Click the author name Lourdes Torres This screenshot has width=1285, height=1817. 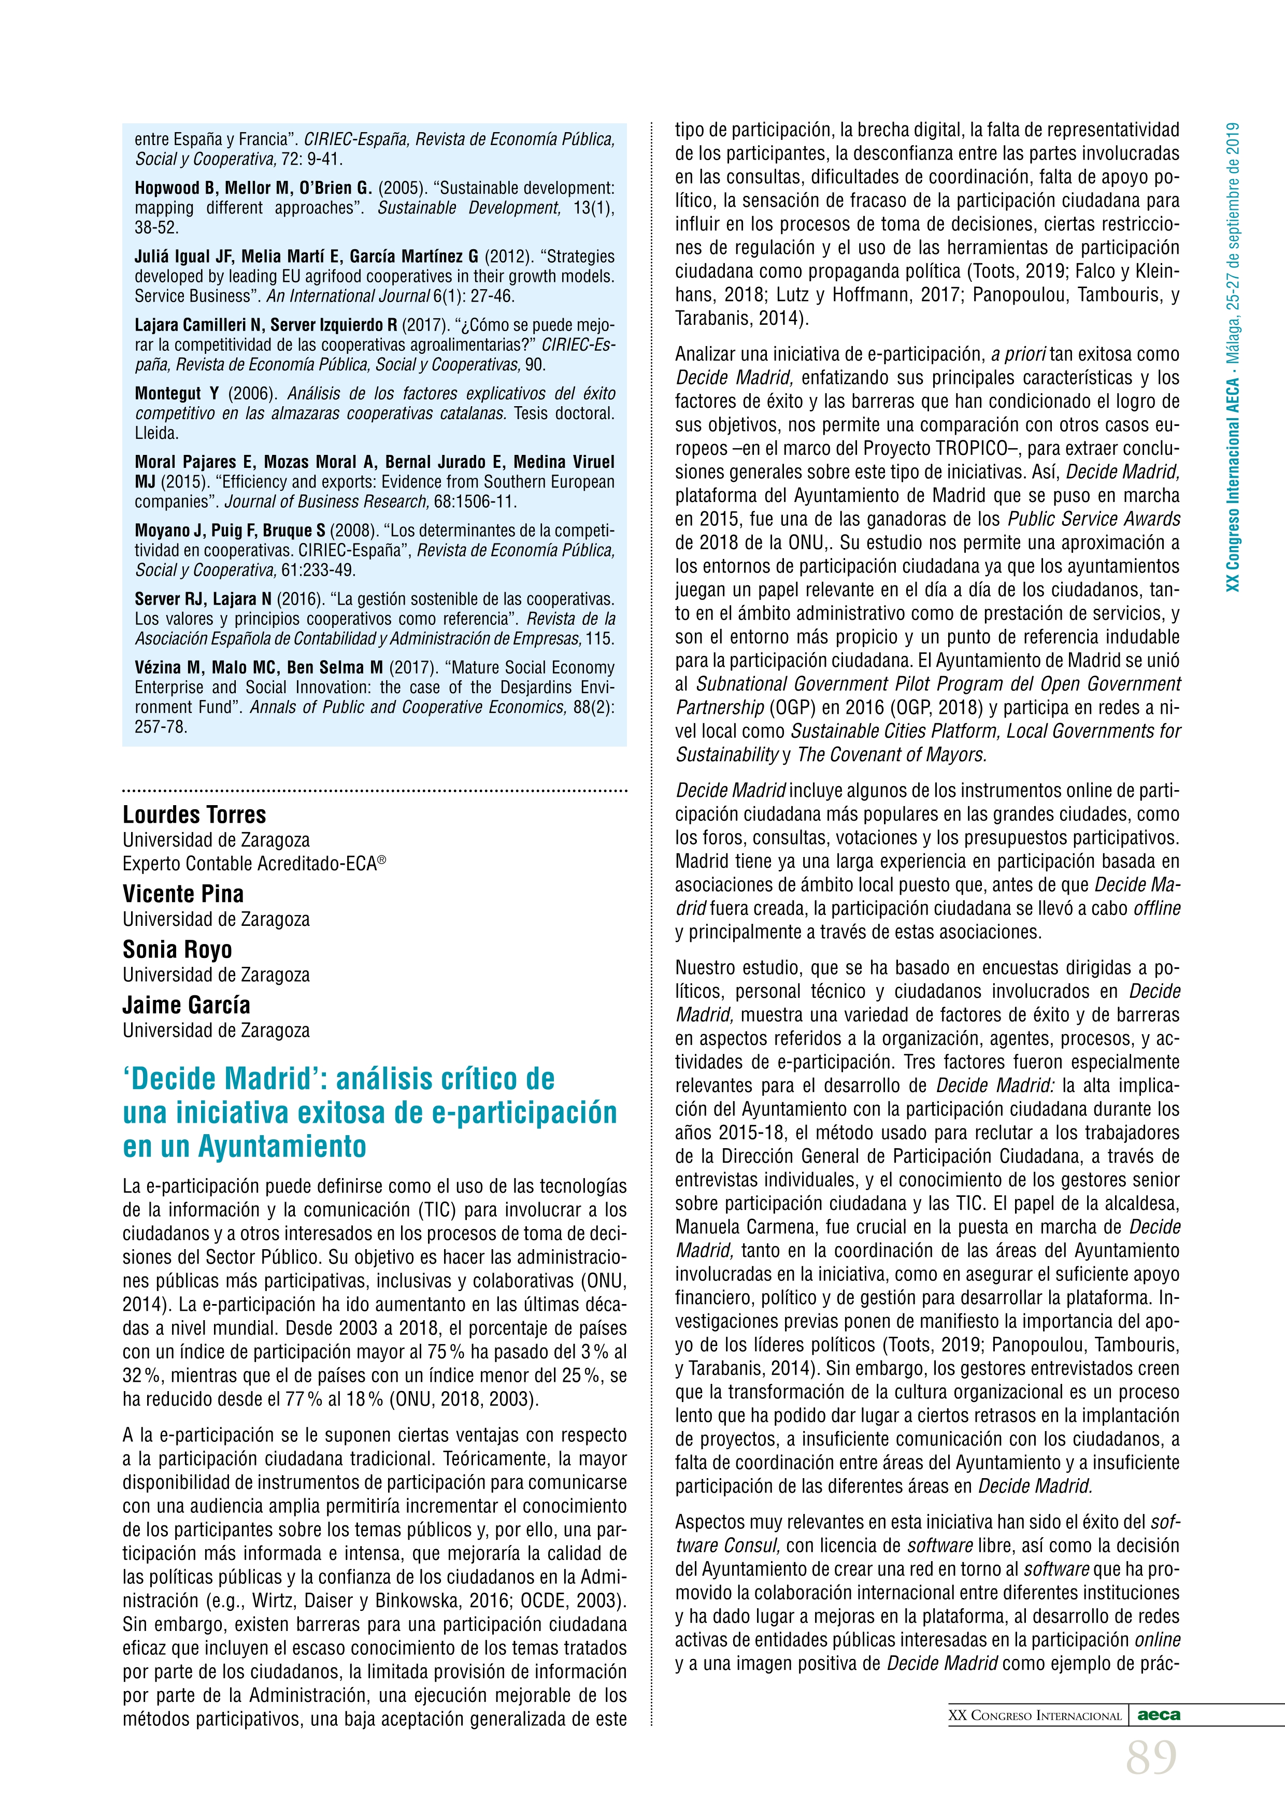(x=194, y=814)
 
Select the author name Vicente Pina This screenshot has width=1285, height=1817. (x=183, y=894)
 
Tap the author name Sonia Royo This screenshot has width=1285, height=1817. (x=177, y=950)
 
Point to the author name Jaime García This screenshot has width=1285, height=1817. (x=186, y=1005)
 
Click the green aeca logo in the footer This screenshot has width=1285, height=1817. (x=1159, y=1715)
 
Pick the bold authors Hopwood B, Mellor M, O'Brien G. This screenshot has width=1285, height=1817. (x=252, y=189)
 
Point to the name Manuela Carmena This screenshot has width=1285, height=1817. (x=737, y=1227)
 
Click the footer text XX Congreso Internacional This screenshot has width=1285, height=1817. (x=1035, y=1715)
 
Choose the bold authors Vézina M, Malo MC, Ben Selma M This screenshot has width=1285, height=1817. (x=258, y=667)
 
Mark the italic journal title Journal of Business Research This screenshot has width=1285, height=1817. (x=325, y=502)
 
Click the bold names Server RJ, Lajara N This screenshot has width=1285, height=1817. (x=203, y=599)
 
